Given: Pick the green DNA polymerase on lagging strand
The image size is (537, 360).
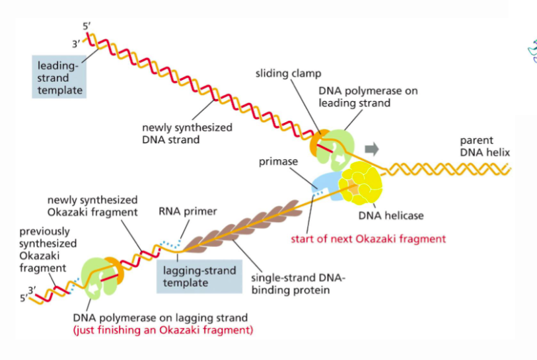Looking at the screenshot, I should tap(99, 277).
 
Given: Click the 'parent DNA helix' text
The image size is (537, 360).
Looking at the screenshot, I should tap(485, 147).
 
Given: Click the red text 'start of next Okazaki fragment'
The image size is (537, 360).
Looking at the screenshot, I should tap(368, 238).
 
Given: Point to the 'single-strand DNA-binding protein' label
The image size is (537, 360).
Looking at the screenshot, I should tap(299, 283).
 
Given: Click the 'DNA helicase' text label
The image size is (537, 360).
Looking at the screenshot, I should tap(390, 215).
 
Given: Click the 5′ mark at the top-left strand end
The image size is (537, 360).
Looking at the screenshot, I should tap(87, 26).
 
